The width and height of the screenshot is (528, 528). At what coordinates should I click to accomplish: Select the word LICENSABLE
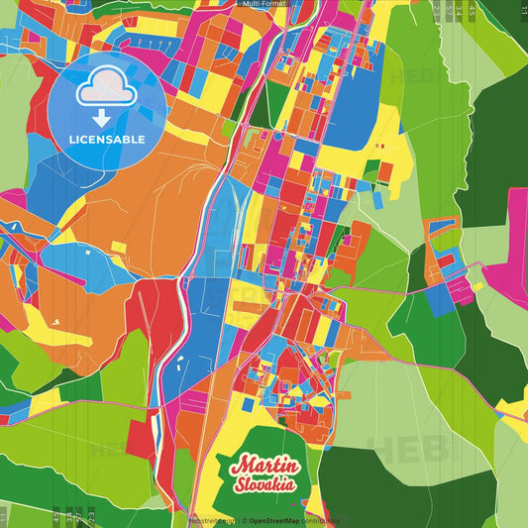point(106,140)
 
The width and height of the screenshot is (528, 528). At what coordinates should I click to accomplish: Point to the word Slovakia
point(265,485)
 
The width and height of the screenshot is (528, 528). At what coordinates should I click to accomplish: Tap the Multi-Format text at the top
point(264,4)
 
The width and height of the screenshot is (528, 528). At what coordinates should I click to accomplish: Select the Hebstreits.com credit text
point(211,520)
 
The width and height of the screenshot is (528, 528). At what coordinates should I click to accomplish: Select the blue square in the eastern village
point(436,299)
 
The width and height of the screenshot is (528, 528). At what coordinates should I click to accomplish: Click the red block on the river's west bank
point(158,317)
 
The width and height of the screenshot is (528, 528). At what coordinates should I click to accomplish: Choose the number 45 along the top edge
point(449,11)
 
